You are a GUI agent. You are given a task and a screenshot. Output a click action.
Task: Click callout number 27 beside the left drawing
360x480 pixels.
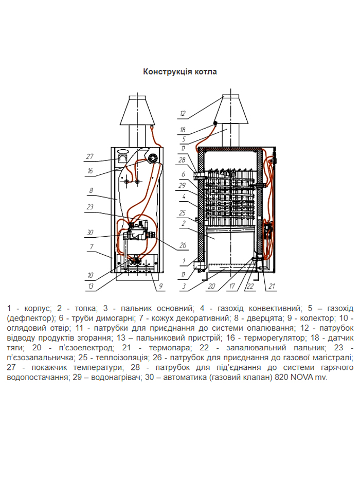click(x=89, y=156)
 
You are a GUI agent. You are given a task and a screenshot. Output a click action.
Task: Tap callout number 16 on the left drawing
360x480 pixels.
click(x=89, y=170)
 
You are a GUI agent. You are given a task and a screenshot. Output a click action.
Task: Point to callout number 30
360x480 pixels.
click(x=89, y=232)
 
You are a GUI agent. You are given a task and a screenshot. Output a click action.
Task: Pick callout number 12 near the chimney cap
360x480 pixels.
click(x=183, y=114)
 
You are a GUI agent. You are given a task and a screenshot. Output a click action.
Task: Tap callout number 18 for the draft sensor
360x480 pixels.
click(x=183, y=130)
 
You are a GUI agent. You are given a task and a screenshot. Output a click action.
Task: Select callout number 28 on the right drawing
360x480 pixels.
click(x=182, y=161)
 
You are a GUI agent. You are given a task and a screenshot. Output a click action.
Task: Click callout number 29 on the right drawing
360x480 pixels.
click(x=182, y=185)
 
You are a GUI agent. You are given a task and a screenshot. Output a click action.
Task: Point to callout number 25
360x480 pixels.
click(x=182, y=212)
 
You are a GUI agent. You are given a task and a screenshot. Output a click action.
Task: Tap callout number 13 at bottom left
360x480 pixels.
click(x=89, y=286)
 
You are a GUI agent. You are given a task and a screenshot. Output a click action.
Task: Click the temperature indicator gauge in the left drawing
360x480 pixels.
click(x=122, y=154)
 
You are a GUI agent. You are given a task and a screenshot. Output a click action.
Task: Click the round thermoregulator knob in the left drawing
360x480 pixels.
click(x=152, y=158)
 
